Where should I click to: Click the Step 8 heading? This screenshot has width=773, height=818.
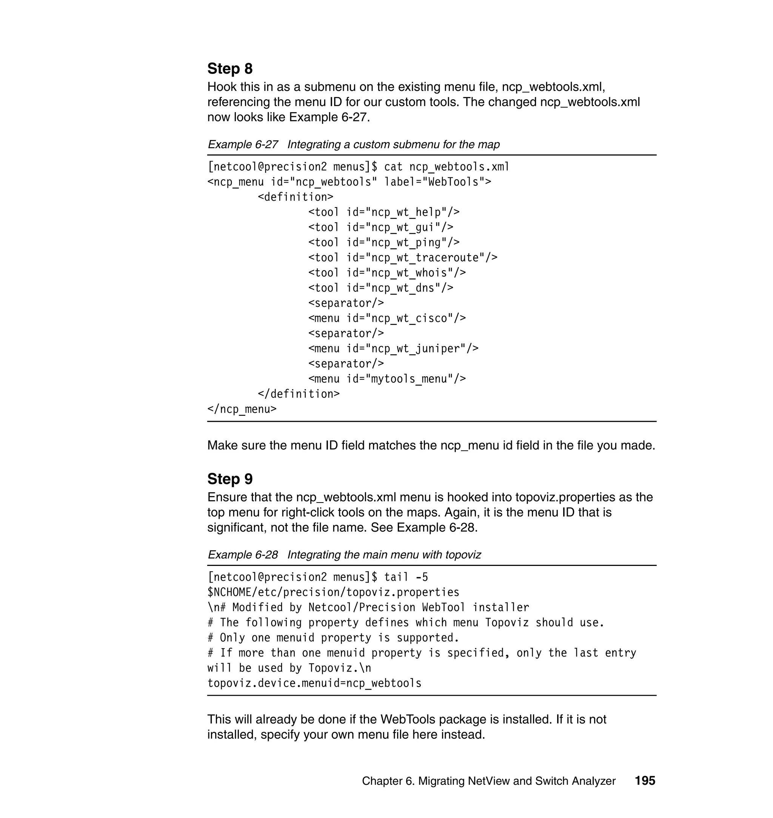[229, 68]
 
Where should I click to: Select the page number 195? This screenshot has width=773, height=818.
[644, 781]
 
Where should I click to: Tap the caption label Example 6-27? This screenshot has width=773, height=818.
[243, 145]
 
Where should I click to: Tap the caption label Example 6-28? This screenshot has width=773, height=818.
[243, 555]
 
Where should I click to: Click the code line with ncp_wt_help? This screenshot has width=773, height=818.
[383, 212]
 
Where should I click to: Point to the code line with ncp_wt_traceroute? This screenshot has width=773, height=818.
[403, 258]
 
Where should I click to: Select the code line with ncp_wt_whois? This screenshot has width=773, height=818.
[387, 273]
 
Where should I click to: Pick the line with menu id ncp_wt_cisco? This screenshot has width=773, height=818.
[387, 318]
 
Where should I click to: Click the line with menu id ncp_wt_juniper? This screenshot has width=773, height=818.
[393, 349]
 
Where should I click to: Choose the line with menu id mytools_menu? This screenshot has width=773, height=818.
[387, 379]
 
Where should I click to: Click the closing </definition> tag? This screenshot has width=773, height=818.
[299, 394]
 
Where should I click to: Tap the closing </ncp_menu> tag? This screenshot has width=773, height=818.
[242, 409]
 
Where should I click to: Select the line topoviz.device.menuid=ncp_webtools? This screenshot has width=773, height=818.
[314, 683]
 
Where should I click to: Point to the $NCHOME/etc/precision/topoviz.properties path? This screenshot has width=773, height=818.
[333, 592]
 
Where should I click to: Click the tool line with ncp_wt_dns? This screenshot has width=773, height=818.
[381, 288]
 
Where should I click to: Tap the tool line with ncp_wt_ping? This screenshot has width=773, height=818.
[383, 243]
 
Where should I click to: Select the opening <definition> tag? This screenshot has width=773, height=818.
[296, 197]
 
